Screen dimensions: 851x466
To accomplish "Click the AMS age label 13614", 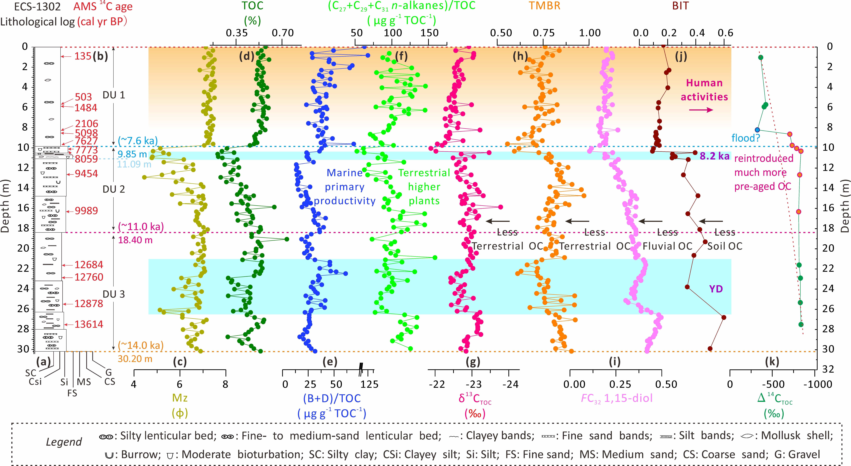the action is (x=89, y=324).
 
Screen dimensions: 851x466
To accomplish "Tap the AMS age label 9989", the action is (x=86, y=211).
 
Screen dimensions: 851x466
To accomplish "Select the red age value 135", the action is (x=83, y=56).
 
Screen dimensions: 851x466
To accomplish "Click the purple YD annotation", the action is (x=716, y=289).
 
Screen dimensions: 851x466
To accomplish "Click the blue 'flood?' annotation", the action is (x=746, y=138).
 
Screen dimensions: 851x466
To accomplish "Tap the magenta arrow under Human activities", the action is (x=701, y=110).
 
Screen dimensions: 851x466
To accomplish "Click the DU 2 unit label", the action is (x=114, y=189).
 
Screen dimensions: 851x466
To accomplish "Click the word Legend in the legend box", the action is (x=64, y=442).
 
